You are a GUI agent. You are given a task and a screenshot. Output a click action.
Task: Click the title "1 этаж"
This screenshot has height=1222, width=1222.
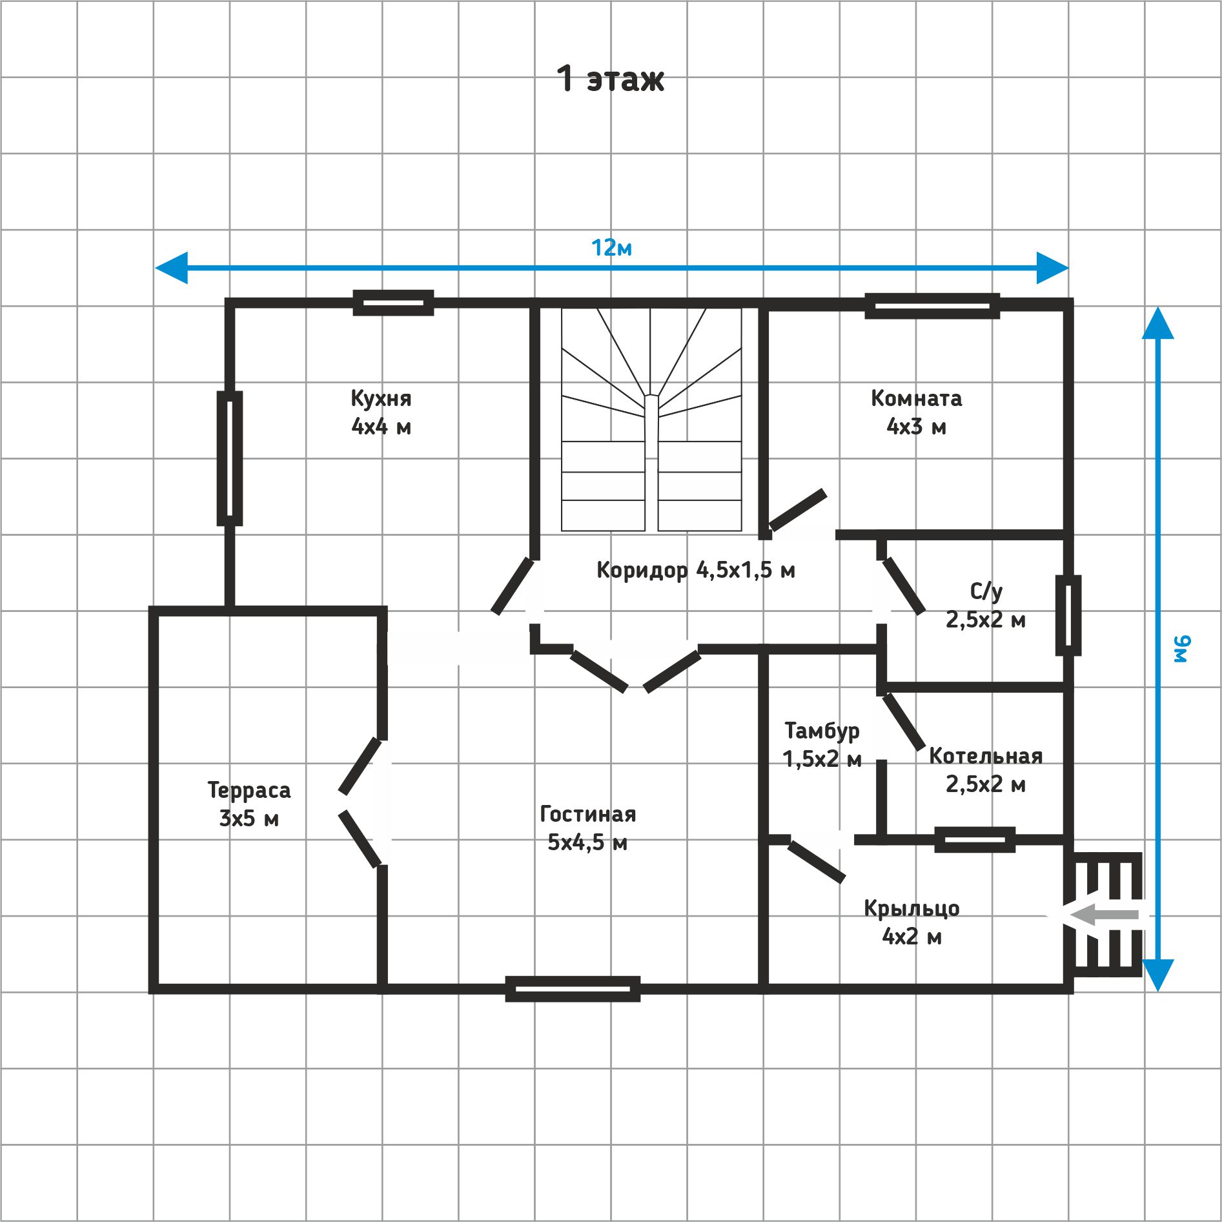click(610, 79)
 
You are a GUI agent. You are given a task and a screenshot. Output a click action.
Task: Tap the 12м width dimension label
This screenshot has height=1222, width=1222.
click(611, 248)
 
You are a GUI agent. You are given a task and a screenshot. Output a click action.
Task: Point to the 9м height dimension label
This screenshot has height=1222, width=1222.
click(1182, 649)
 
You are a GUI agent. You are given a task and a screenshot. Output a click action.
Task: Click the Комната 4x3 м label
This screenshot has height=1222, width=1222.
click(916, 412)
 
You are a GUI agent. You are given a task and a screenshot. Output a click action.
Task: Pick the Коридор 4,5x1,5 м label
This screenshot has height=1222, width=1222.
click(696, 570)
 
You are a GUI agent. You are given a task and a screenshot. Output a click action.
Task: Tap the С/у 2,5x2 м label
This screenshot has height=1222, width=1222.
click(986, 606)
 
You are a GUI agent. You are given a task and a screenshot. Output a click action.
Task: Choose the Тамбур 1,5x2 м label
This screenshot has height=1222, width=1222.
click(822, 744)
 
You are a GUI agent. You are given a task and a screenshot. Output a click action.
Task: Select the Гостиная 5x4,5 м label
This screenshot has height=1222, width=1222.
click(587, 828)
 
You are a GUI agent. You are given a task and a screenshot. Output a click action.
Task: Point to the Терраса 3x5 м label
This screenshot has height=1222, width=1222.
click(249, 804)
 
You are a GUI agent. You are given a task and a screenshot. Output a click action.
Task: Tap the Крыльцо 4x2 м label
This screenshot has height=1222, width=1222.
click(911, 922)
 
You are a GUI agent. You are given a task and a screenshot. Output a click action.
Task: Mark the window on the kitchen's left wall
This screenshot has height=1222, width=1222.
click(229, 458)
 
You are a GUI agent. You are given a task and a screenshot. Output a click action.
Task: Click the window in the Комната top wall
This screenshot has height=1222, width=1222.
click(932, 306)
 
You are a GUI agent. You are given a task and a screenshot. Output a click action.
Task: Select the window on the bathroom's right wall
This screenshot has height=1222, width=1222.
click(1068, 615)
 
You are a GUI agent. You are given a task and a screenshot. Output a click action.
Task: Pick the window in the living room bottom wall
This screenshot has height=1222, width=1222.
click(573, 988)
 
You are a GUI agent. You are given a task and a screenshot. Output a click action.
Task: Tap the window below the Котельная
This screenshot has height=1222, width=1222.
click(975, 839)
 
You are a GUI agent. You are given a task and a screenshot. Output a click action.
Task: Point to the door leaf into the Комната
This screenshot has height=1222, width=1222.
click(798, 510)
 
